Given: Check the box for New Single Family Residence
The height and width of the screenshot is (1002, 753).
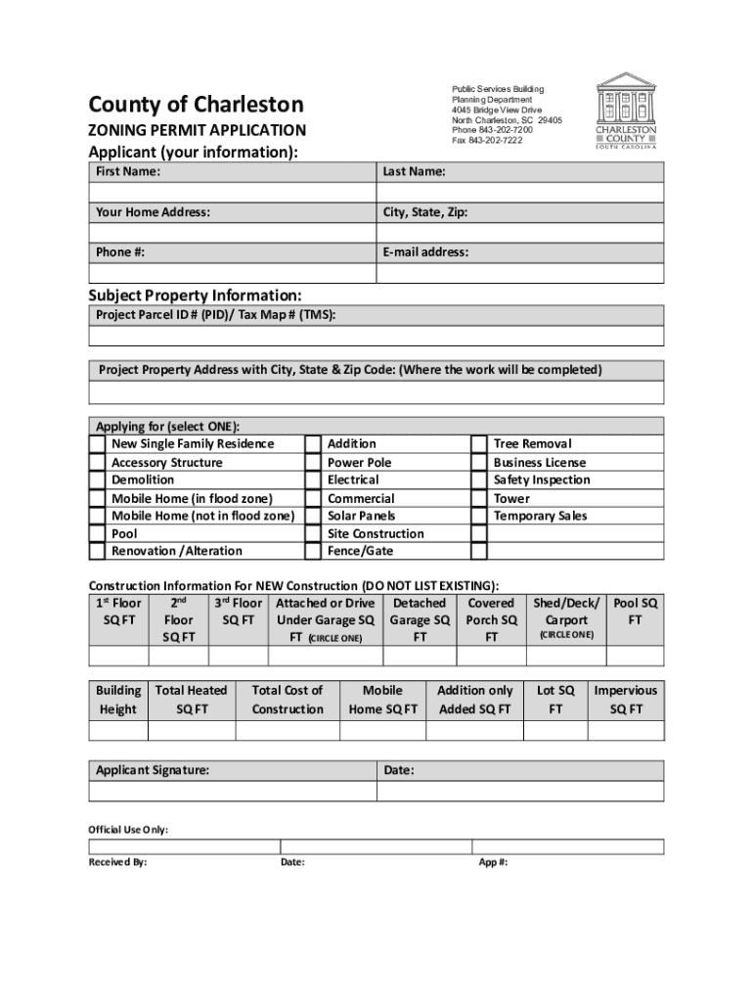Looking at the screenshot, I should tap(97, 444).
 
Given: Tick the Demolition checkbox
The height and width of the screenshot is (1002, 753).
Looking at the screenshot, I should tap(97, 480).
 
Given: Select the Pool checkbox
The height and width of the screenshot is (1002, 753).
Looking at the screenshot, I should tap(97, 534).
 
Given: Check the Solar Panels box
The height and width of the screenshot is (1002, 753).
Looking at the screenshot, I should tap(312, 516).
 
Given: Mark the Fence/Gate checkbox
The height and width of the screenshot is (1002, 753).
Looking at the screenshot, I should tap(312, 552).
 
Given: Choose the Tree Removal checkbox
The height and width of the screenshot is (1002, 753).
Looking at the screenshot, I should tap(478, 444).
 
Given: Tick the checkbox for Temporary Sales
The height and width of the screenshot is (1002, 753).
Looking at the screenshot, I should tap(478, 516).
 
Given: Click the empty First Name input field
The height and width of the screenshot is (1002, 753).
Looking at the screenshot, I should tap(233, 192).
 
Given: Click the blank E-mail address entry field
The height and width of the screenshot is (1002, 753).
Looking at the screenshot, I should tap(520, 273).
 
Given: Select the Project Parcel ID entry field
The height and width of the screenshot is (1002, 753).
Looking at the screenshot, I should tap(376, 337).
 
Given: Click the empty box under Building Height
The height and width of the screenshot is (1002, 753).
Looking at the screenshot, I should tap(117, 732).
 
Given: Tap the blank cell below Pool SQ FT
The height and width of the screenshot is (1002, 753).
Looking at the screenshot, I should tap(635, 657).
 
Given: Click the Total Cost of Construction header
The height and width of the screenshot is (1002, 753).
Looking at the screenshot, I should tap(287, 700).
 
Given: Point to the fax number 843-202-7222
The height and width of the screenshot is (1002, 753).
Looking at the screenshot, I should tap(487, 141).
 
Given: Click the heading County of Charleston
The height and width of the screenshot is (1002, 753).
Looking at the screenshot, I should tap(196, 105).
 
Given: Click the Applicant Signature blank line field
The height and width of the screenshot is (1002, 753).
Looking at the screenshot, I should tap(233, 792).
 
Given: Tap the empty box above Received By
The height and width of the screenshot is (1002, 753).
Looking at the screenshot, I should tap(184, 847).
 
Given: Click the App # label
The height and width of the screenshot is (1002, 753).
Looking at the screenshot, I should tap(493, 863).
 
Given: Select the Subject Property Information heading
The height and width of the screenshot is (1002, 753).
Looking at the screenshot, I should tap(195, 296).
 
